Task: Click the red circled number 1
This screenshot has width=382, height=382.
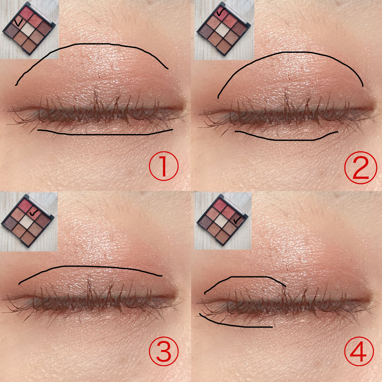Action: click(x=164, y=166)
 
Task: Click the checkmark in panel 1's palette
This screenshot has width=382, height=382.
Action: click(x=19, y=23)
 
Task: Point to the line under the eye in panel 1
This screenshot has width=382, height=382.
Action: click(x=105, y=135)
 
